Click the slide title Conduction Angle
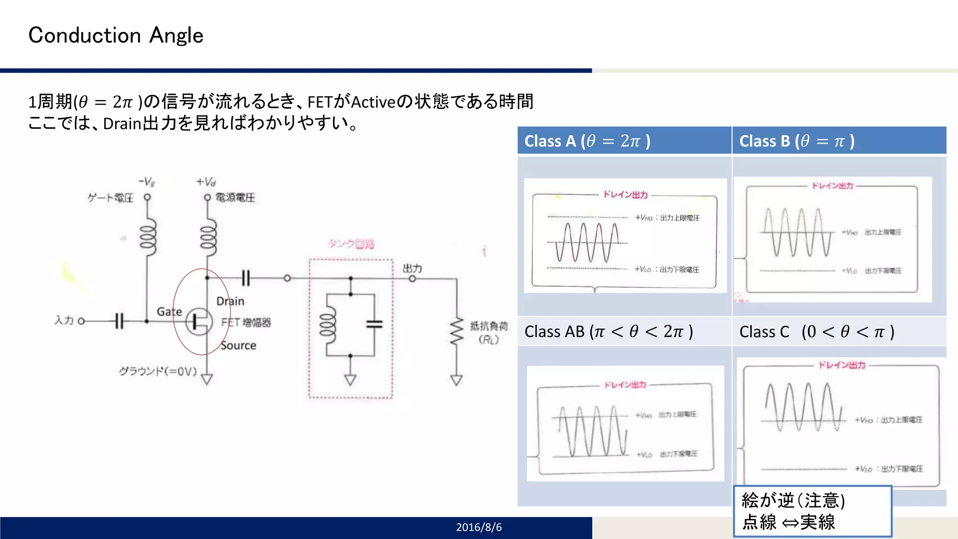coord(116,36)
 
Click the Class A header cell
coord(624,140)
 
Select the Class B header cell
coord(839,140)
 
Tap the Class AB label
coord(609,332)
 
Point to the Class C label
coord(816,332)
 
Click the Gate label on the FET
coord(169,312)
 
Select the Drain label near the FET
coord(230,301)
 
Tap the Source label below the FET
coord(238,345)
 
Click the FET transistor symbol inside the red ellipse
coord(199,321)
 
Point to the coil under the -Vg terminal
coord(147,237)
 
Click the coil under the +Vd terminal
coord(208,237)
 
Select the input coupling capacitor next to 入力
coord(119,321)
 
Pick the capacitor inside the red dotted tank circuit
coord(374,324)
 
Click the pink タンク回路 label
coord(351,244)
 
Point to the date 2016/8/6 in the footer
coord(479,527)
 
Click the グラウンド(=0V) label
coord(158,371)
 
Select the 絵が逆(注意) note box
coord(812,511)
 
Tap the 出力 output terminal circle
coord(412,279)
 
